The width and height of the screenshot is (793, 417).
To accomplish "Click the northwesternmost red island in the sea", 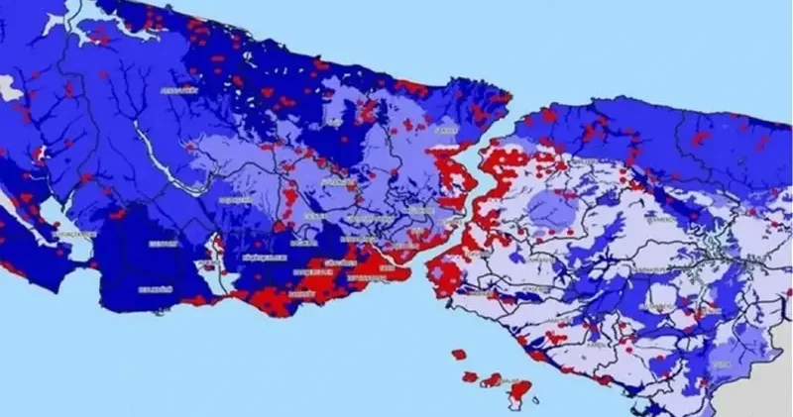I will (459, 354).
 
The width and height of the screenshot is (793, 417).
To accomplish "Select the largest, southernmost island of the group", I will (518, 393).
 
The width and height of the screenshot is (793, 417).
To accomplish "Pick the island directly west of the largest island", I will (493, 379).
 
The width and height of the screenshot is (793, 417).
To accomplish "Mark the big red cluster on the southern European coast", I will (317, 282).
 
